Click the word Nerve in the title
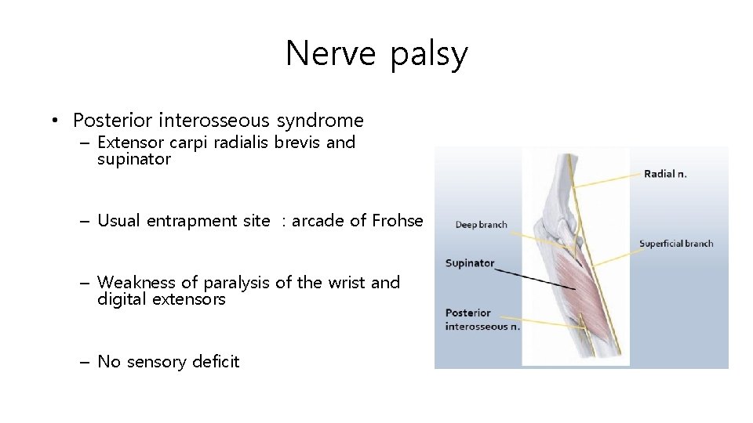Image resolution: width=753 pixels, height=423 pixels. click(332, 54)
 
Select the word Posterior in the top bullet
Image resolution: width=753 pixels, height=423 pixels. click(112, 121)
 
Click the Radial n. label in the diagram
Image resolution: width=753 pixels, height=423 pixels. click(664, 174)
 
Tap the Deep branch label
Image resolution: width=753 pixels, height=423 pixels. click(481, 225)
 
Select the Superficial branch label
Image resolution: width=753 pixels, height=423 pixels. click(675, 244)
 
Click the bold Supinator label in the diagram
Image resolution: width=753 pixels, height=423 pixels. click(469, 263)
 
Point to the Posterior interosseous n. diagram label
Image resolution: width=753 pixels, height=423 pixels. click(482, 320)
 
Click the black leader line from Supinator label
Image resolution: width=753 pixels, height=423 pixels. click(533, 274)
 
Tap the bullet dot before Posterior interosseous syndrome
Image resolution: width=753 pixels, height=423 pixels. click(53, 121)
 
